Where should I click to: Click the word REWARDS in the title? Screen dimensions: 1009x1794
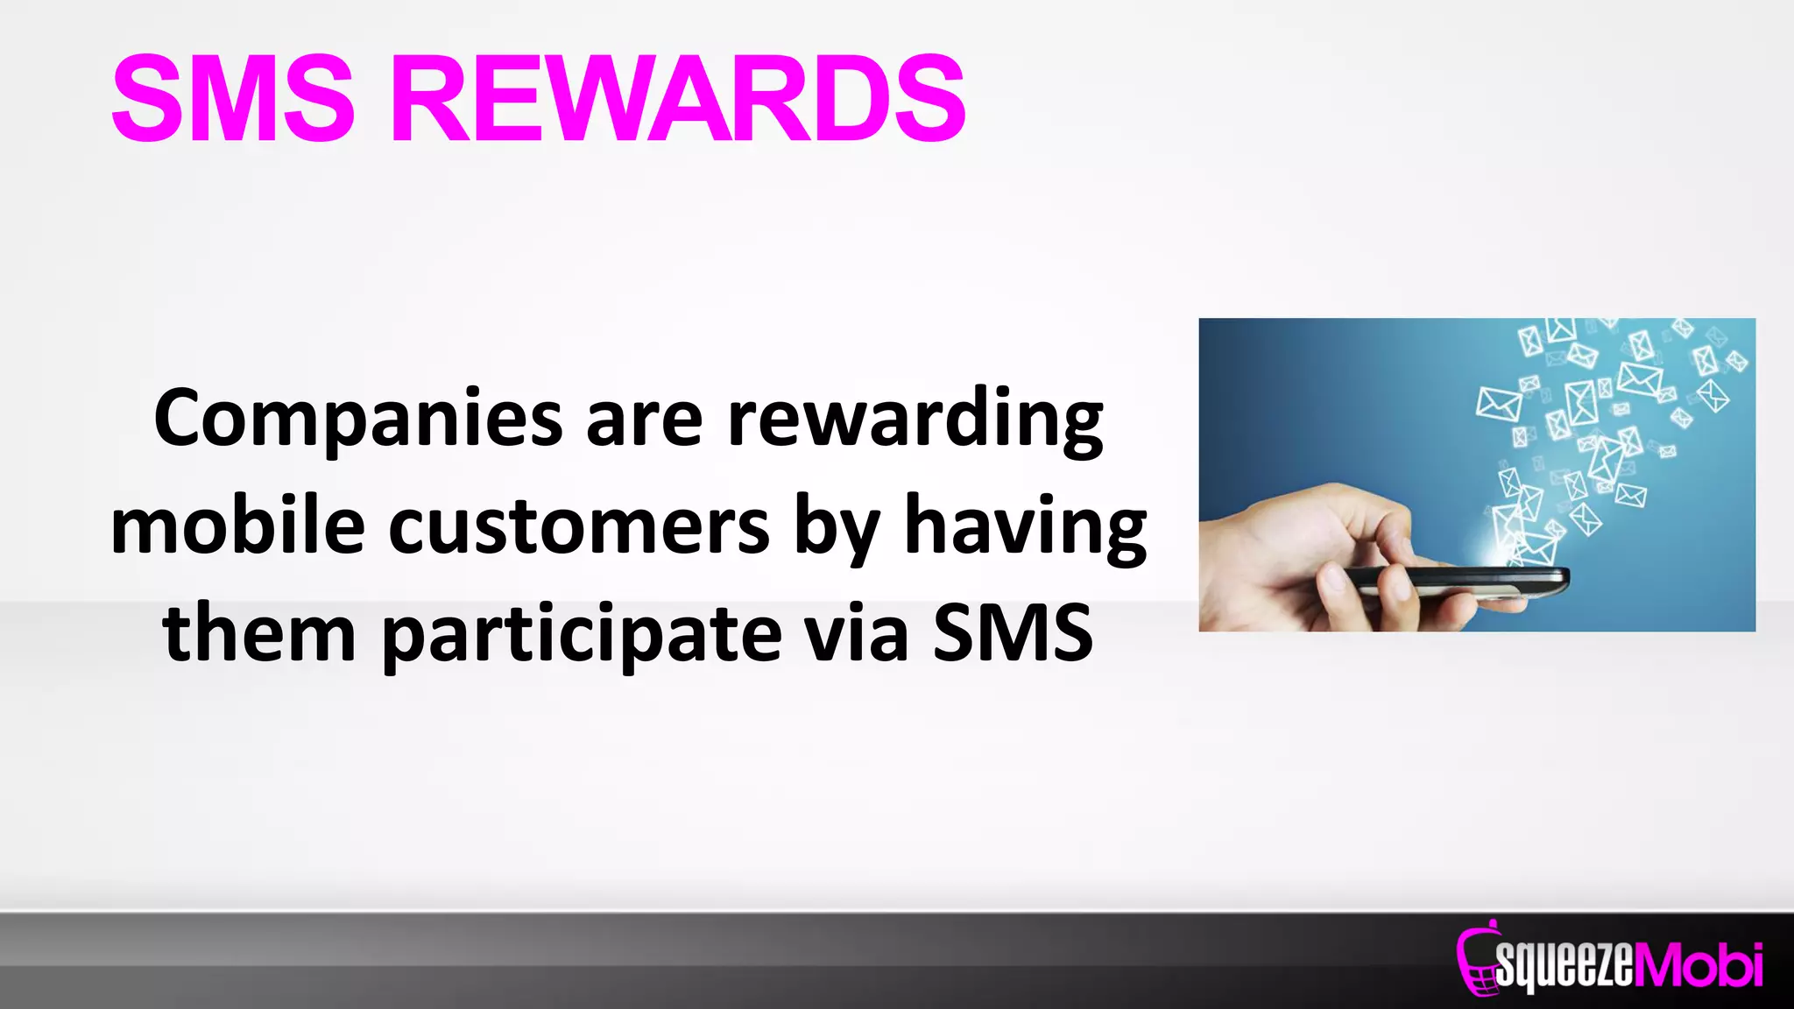pyautogui.click(x=679, y=98)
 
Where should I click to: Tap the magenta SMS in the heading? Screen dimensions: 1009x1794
pyautogui.click(x=234, y=98)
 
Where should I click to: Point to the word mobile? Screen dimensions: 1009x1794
pyautogui.click(x=237, y=527)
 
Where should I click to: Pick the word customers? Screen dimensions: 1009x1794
pyautogui.click(x=579, y=527)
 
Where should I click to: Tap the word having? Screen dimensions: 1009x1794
pyautogui.click(x=1025, y=527)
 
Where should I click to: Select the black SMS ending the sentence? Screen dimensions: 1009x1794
pyautogui.click(x=1013, y=632)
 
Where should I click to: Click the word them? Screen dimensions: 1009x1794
pyautogui.click(x=259, y=632)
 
